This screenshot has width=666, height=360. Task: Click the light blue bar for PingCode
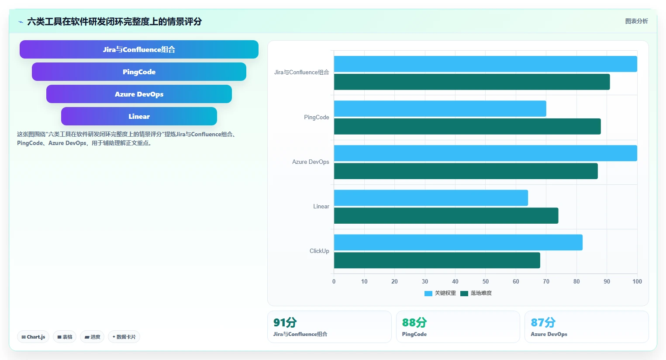[x=440, y=109]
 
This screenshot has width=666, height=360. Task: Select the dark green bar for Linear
[x=446, y=216]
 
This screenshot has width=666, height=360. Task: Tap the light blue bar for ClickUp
[x=458, y=242]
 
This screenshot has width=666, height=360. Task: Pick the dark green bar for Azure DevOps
[x=466, y=171]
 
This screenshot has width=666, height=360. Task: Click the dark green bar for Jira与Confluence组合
[x=472, y=82]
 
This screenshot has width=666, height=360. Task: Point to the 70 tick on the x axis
[x=546, y=281]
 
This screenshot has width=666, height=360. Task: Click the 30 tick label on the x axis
[x=425, y=281]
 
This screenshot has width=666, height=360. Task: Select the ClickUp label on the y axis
[x=319, y=251]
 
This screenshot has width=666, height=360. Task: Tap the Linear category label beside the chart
[x=321, y=207]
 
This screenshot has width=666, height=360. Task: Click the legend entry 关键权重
[x=440, y=293]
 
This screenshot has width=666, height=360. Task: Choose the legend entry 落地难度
[x=476, y=293]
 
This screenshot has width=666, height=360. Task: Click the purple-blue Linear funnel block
[x=139, y=116]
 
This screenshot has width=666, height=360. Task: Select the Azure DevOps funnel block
[x=139, y=94]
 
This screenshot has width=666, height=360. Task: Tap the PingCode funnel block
[x=139, y=72]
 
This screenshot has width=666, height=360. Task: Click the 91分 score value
[x=285, y=322]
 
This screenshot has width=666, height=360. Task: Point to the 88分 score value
[x=414, y=322]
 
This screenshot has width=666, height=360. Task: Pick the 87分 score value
[x=543, y=322]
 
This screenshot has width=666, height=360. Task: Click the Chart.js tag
[x=33, y=337]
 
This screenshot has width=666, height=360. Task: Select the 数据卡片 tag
[x=124, y=337]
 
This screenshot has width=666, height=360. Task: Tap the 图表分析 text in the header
[x=637, y=21]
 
